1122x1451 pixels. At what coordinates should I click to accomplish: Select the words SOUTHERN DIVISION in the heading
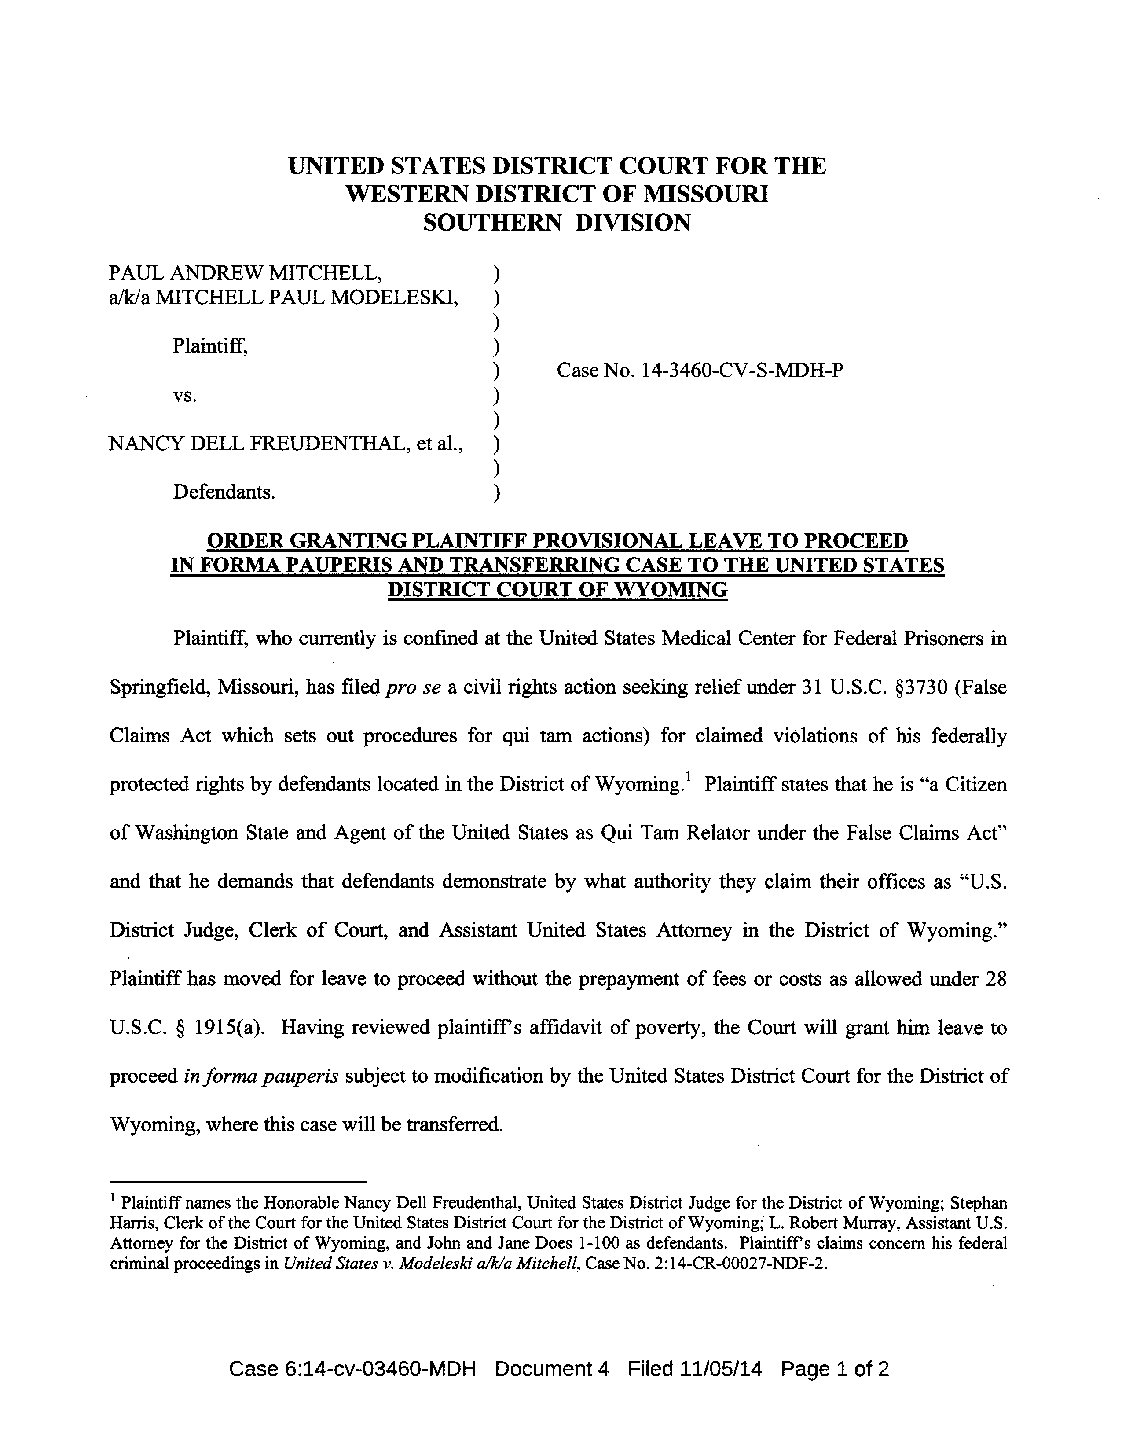pyautogui.click(x=557, y=223)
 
